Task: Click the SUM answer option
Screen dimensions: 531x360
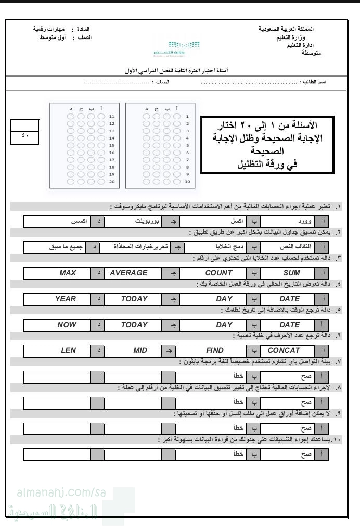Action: [291, 273]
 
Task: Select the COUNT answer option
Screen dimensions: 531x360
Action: [218, 273]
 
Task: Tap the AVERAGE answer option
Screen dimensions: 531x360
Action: [128, 273]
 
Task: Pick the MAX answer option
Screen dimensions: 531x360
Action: [68, 273]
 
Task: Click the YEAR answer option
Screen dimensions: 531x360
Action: [66, 299]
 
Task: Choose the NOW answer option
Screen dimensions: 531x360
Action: [67, 325]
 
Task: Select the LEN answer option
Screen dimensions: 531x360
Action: [68, 350]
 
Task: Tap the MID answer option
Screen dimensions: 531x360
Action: [140, 350]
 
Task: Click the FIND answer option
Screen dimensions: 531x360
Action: [215, 350]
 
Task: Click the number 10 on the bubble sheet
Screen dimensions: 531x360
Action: [187, 182]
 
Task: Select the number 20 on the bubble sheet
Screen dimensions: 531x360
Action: [111, 182]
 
